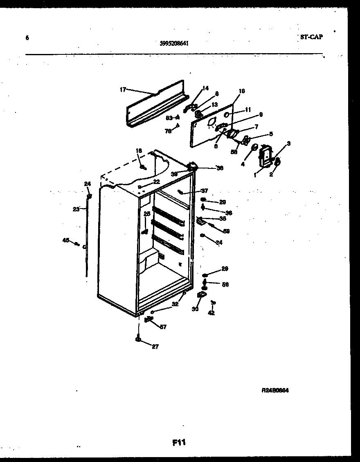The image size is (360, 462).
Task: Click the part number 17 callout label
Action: [123, 90]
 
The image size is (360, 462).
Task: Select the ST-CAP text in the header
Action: [311, 37]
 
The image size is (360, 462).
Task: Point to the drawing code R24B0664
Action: [275, 390]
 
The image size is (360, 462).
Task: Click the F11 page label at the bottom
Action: [179, 442]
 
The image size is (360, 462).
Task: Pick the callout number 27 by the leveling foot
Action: [155, 347]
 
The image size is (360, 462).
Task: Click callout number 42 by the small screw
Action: [211, 313]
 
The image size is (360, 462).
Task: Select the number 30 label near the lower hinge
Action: [195, 309]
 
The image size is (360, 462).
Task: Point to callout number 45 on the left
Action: [66, 240]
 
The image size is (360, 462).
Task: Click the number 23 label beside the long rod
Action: [76, 209]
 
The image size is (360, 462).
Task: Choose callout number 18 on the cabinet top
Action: [139, 151]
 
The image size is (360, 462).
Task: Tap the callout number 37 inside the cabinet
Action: [204, 191]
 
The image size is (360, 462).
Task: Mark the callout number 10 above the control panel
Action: [241, 91]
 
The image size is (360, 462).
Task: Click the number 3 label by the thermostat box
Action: [288, 143]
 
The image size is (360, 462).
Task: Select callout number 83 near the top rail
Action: [169, 118]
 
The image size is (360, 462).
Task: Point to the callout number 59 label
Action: [226, 231]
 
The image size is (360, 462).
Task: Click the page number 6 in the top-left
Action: [27, 38]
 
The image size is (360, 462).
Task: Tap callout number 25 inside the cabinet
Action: [147, 213]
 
